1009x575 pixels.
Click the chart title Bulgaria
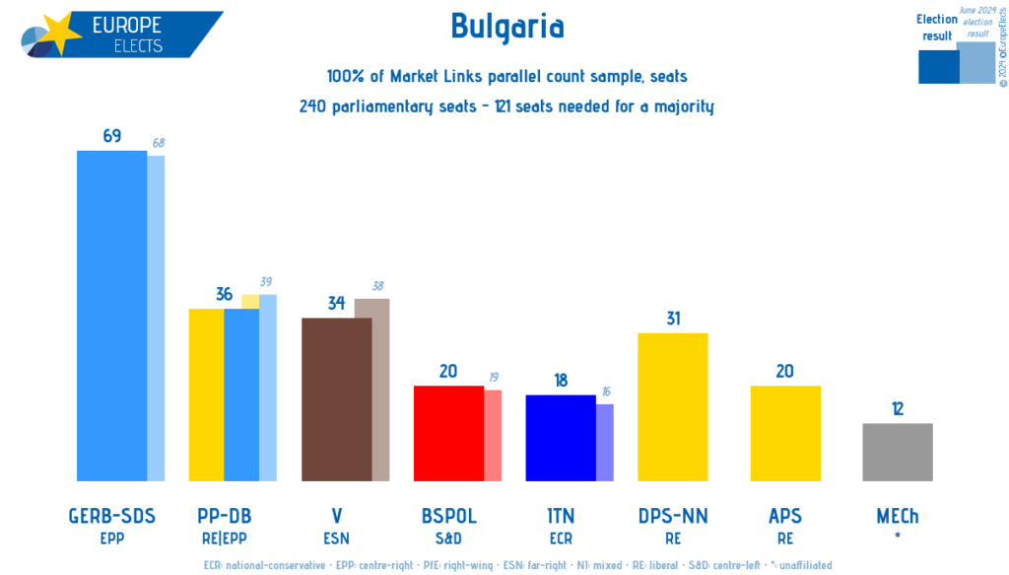click(506, 27)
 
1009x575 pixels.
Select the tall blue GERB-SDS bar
click(111, 316)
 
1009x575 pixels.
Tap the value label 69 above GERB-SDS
click(111, 136)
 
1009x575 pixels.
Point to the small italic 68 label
click(158, 144)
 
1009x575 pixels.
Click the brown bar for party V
click(336, 399)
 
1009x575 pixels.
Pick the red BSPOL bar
click(448, 433)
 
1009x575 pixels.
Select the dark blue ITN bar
click(561, 438)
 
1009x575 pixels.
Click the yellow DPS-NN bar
click(673, 406)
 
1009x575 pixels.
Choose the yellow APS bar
click(785, 433)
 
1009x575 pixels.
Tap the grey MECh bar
click(898, 452)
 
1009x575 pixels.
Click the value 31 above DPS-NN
click(673, 319)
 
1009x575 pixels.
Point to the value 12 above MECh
click(898, 409)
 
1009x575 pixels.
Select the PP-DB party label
click(224, 516)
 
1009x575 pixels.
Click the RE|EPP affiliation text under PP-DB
click(224, 539)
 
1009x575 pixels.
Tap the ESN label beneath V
click(336, 539)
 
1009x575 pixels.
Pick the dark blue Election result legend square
click(937, 66)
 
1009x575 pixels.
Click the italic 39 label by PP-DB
click(265, 282)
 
